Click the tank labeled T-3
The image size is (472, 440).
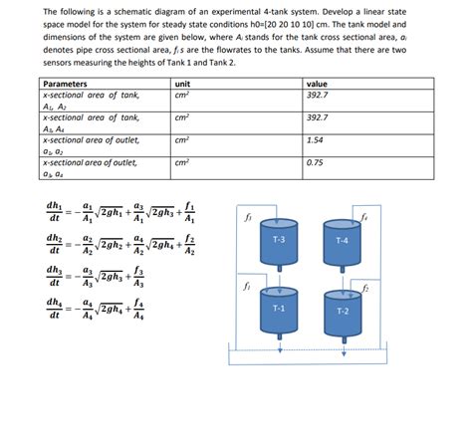point(278,241)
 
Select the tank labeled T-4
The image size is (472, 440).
point(342,241)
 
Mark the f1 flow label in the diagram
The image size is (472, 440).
point(246,284)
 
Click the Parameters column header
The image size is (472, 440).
point(66,85)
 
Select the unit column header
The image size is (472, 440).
point(182,85)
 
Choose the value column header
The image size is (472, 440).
point(318,85)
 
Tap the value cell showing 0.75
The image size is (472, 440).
point(316,162)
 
